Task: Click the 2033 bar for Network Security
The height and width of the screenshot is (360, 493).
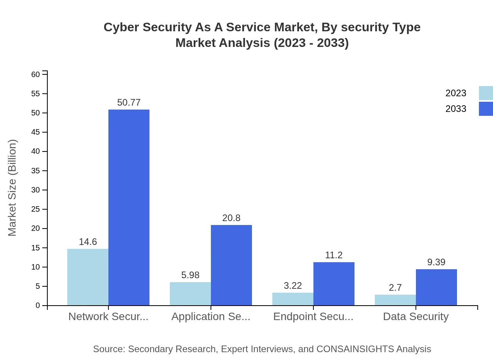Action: click(129, 207)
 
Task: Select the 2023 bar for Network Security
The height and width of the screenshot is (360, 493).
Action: click(88, 277)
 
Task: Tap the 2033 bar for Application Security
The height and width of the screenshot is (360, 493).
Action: click(231, 265)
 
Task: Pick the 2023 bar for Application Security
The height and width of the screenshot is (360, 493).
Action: click(190, 293)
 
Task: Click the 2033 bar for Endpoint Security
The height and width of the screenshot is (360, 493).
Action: click(334, 284)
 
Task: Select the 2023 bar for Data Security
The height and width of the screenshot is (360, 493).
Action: click(395, 300)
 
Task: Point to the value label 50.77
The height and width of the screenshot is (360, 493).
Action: click(129, 103)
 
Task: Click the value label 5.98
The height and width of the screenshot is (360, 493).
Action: click(190, 275)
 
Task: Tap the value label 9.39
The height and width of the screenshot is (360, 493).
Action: click(436, 262)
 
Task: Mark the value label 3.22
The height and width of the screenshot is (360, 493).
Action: click(293, 286)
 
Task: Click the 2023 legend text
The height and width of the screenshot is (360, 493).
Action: click(456, 93)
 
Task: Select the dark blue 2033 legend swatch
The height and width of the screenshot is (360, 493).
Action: click(486, 109)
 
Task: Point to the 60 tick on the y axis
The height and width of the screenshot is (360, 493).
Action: click(36, 74)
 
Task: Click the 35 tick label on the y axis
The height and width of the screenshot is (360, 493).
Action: click(36, 171)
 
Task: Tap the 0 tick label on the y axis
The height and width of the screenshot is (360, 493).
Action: click(38, 305)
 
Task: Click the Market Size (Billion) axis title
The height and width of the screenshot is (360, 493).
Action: click(12, 188)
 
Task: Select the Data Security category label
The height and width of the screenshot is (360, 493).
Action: click(416, 317)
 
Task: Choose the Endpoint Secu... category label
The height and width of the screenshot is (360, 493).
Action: click(313, 317)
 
